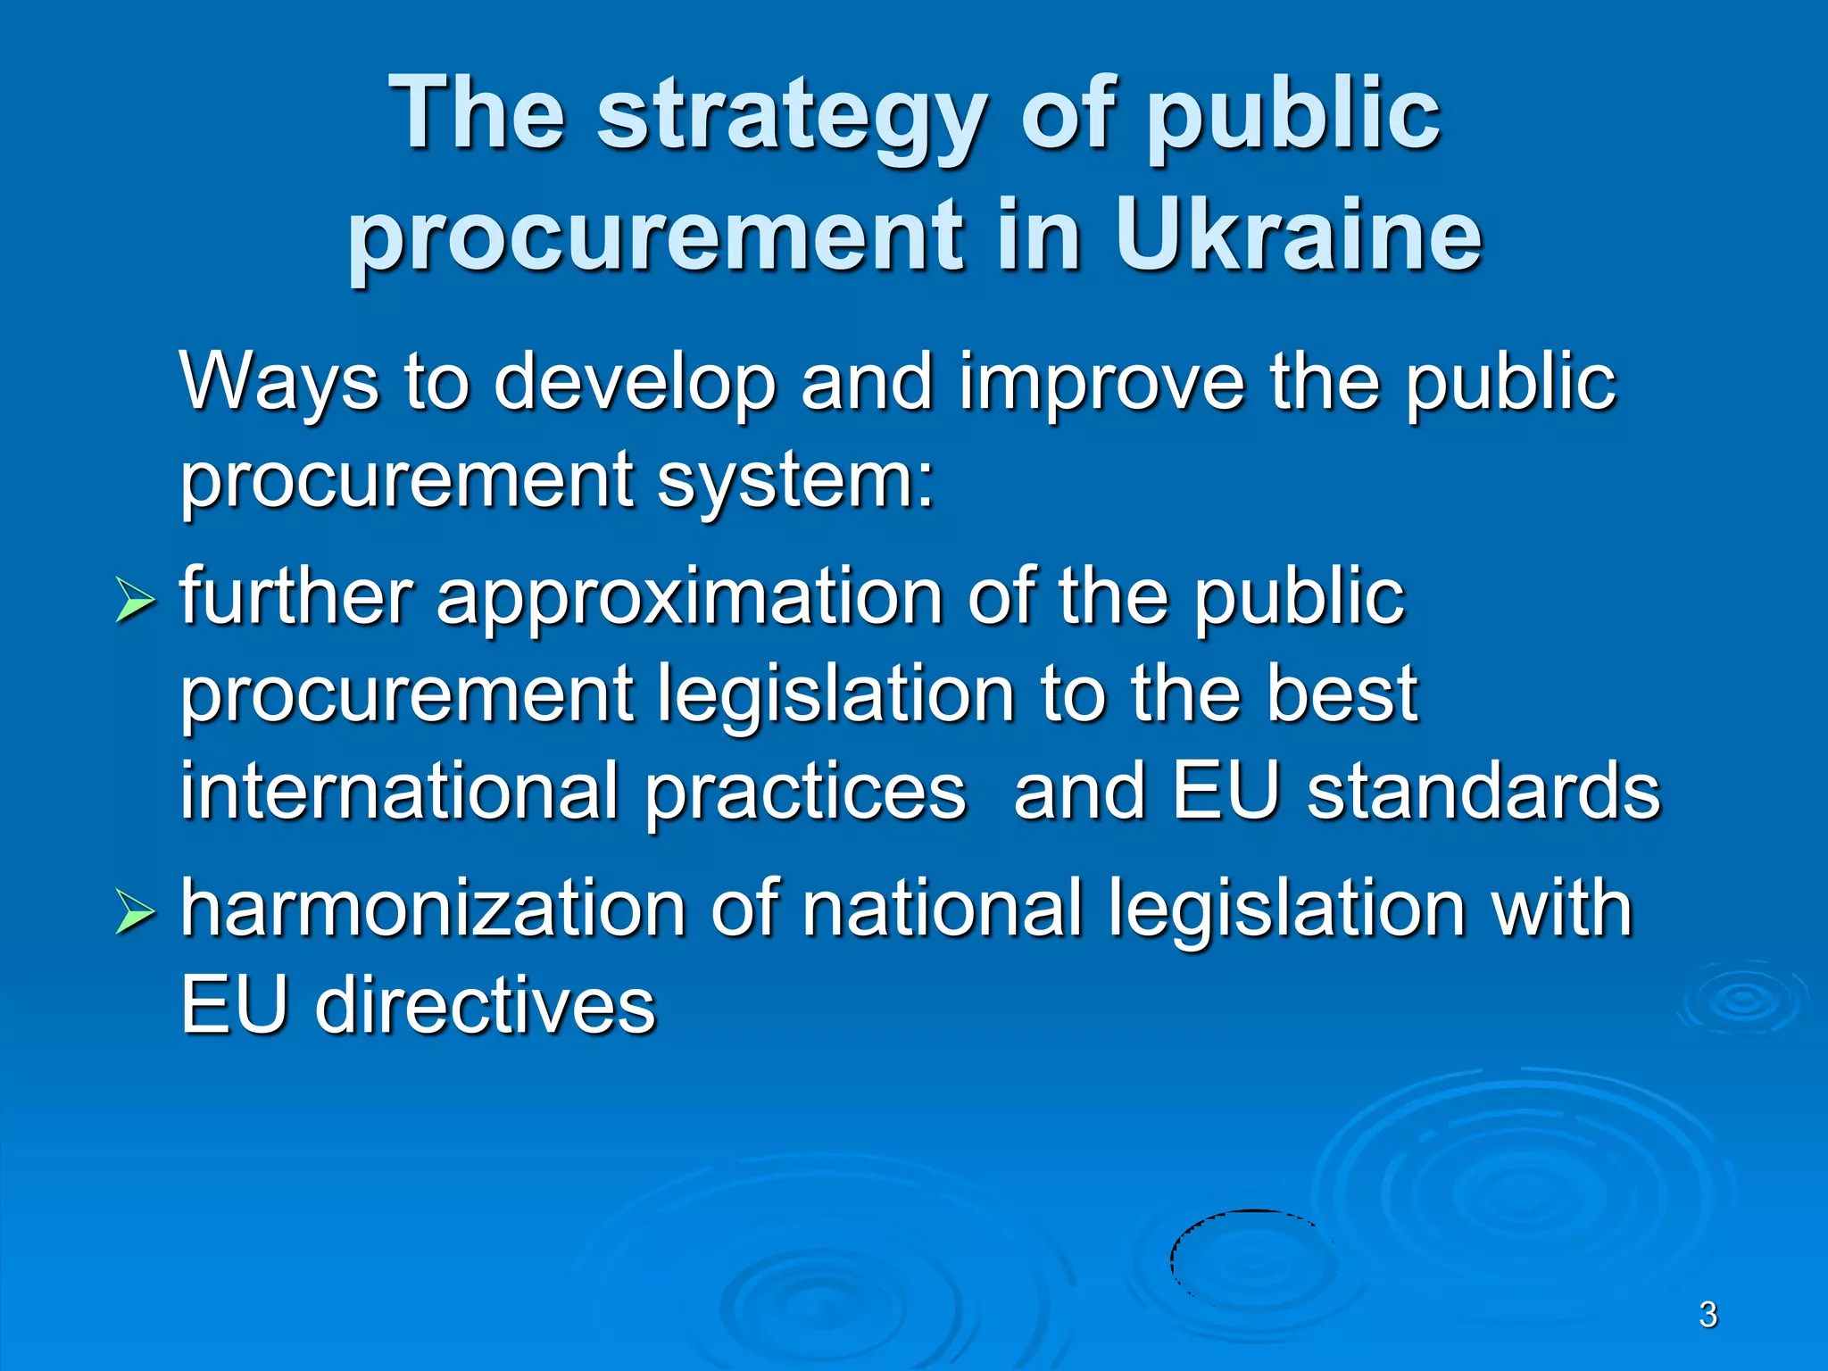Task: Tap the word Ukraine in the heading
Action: click(x=1299, y=237)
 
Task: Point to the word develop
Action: click(x=635, y=382)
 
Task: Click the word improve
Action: click(x=1101, y=382)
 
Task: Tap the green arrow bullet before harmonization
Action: click(x=135, y=912)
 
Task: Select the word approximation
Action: click(x=688, y=598)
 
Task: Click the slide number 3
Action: click(x=1708, y=1315)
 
